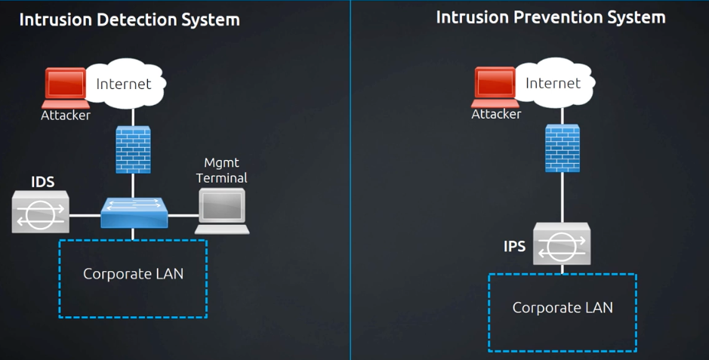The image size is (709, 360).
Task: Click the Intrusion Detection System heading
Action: tap(129, 20)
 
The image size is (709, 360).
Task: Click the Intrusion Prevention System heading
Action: tap(550, 17)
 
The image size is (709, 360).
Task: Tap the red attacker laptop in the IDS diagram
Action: tap(66, 88)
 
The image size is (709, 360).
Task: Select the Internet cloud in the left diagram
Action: tap(125, 84)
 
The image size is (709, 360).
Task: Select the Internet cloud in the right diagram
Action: tap(553, 82)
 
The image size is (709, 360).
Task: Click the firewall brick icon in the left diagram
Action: tap(133, 149)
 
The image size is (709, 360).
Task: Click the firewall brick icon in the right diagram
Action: tap(562, 147)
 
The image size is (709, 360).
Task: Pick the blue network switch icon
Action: tap(134, 212)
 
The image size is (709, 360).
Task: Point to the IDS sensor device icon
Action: tap(41, 211)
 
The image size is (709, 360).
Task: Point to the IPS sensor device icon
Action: tap(562, 244)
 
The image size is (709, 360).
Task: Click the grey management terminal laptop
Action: tap(222, 211)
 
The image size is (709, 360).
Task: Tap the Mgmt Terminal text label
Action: tap(221, 171)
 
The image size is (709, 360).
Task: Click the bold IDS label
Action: tap(42, 182)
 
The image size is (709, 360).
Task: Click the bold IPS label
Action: tap(515, 246)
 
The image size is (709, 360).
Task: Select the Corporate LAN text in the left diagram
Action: tap(133, 273)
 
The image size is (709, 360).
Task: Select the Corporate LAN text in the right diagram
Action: tap(563, 307)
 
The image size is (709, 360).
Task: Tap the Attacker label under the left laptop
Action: tap(66, 115)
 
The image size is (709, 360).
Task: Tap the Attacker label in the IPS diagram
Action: tap(496, 115)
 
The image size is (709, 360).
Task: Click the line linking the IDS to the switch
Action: tap(85, 215)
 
